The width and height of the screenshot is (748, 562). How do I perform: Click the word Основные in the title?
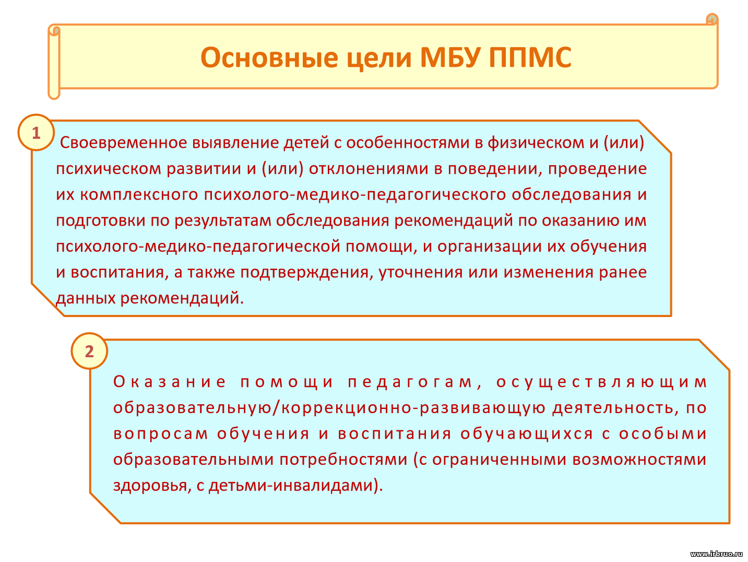tap(269, 57)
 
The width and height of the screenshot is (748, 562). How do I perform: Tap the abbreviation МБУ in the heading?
tap(450, 57)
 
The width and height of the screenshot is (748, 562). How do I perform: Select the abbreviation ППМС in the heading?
tap(530, 57)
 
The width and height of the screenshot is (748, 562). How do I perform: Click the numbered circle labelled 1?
tap(36, 132)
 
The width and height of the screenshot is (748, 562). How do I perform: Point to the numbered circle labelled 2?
tap(89, 351)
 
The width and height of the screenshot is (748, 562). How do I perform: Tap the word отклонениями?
tap(369, 169)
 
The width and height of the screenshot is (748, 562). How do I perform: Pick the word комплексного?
tap(139, 195)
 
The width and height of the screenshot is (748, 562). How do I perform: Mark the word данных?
tap(86, 298)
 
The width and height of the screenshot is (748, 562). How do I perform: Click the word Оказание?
tap(169, 382)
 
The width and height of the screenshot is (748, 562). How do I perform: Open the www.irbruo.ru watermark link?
tap(716, 554)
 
